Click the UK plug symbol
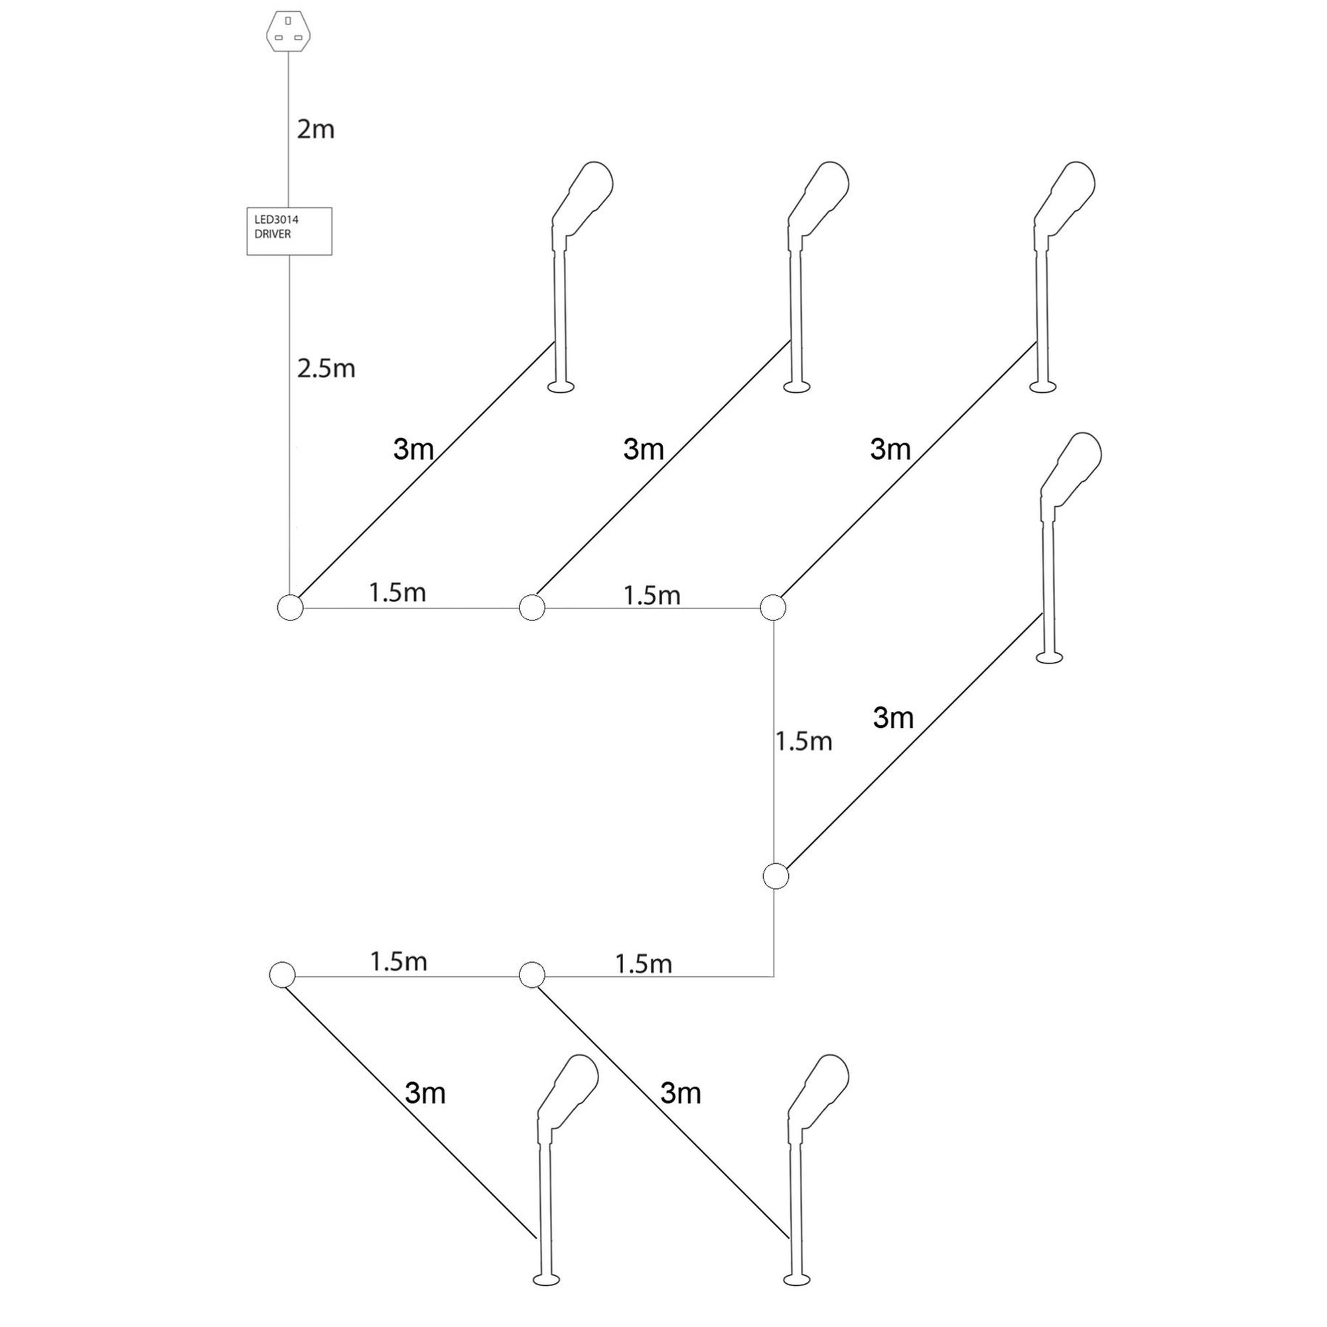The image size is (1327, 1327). (288, 32)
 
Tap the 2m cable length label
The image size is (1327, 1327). (315, 129)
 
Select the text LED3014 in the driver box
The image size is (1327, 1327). (276, 220)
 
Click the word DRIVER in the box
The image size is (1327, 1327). (273, 234)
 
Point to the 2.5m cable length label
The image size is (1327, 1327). (326, 369)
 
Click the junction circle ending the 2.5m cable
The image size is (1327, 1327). (290, 608)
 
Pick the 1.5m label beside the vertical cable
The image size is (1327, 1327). (803, 742)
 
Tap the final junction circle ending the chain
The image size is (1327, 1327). (282, 975)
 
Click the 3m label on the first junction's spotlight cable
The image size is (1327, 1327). (413, 449)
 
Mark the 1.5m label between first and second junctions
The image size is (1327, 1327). (397, 593)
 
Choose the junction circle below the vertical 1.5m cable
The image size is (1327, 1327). (776, 876)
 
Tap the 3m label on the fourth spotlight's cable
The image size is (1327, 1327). (893, 718)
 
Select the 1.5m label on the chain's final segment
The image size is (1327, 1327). (398, 961)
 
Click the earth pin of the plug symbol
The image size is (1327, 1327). (288, 21)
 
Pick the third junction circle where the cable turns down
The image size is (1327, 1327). (774, 608)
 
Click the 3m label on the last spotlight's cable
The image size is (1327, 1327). (425, 1093)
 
